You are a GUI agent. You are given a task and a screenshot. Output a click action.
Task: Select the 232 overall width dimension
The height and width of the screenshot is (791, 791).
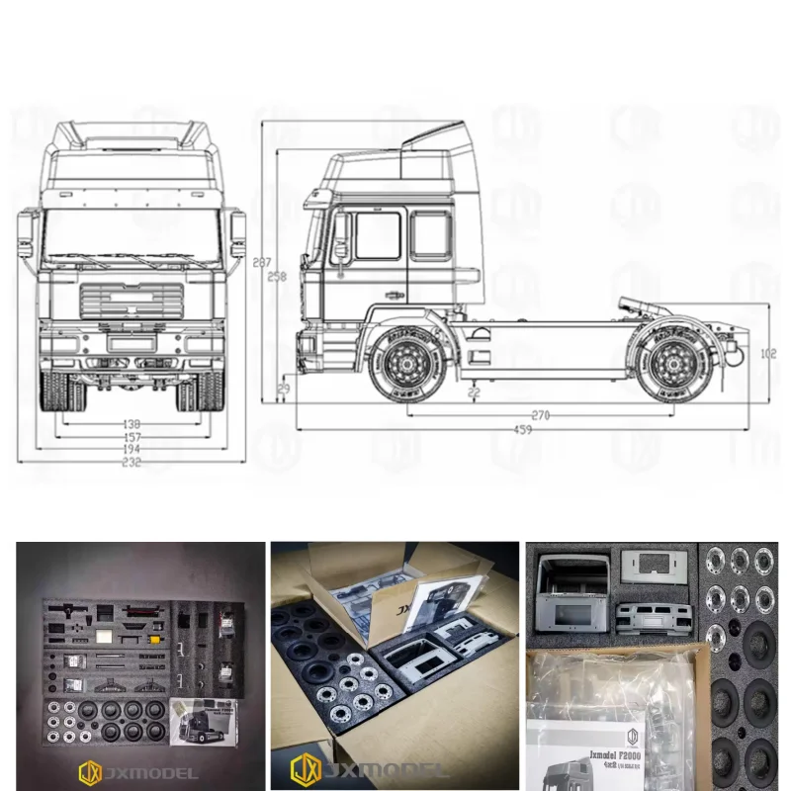(131, 462)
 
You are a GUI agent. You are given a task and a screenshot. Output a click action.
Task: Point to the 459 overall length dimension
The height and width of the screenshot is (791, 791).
(522, 430)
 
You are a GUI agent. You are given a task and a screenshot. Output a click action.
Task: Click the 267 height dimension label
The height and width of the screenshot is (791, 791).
(261, 263)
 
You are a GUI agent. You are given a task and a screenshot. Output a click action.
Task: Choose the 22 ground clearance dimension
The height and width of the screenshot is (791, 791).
(474, 393)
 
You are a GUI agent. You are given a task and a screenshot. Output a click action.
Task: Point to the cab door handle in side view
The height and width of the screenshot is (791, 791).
(394, 294)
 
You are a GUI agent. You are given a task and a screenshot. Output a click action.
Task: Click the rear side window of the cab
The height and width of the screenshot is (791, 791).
(430, 234)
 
